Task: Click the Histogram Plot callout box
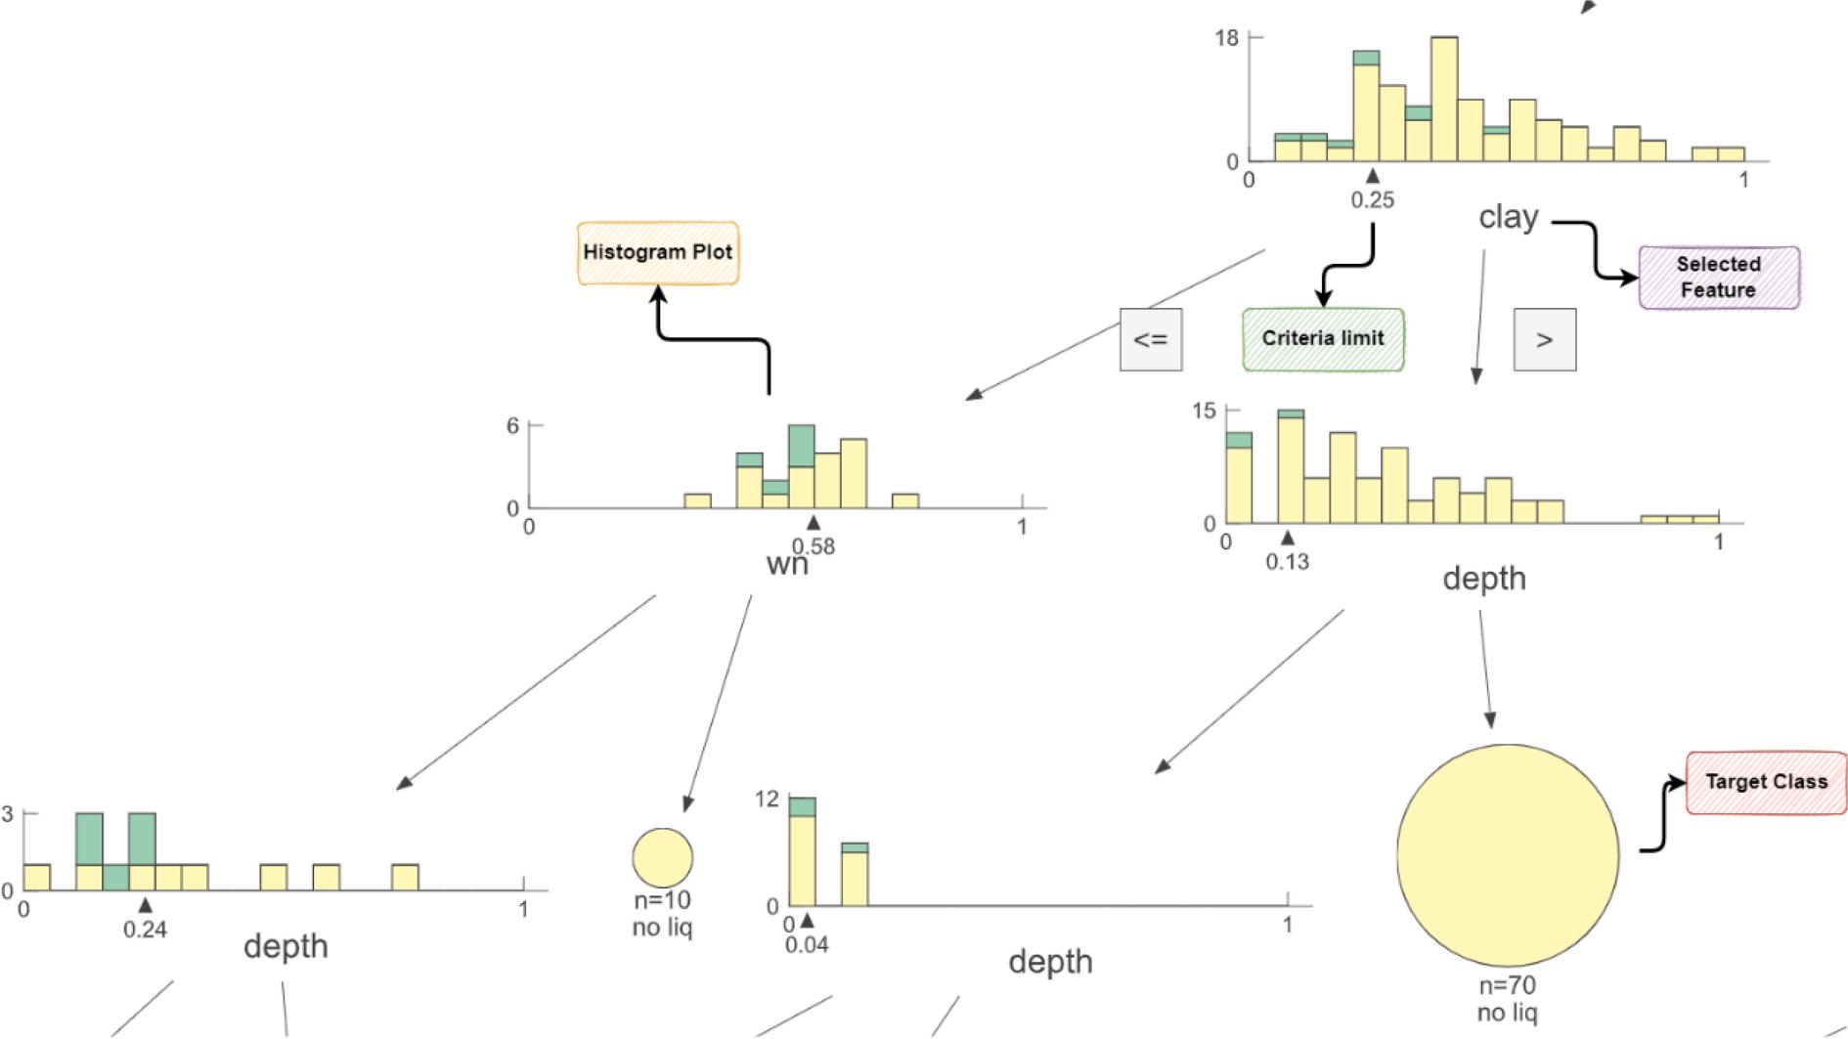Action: pyautogui.click(x=657, y=252)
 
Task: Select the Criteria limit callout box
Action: pyautogui.click(x=1323, y=339)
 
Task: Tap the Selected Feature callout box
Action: pyautogui.click(x=1718, y=278)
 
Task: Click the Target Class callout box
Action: pyautogui.click(x=1766, y=782)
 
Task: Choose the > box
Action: pyautogui.click(x=1544, y=340)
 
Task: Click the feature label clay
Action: pyautogui.click(x=1508, y=217)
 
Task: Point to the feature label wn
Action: pyautogui.click(x=786, y=565)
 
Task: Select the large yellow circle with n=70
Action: pyautogui.click(x=1507, y=856)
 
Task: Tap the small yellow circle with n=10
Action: pyautogui.click(x=663, y=858)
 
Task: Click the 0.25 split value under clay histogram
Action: pyautogui.click(x=1373, y=200)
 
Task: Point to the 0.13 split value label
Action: pyautogui.click(x=1287, y=562)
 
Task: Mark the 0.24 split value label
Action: pyautogui.click(x=145, y=930)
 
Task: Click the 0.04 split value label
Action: pyautogui.click(x=807, y=944)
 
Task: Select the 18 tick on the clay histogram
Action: pyautogui.click(x=1226, y=38)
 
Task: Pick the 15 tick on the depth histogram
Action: pyautogui.click(x=1204, y=411)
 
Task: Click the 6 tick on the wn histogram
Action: pyautogui.click(x=512, y=425)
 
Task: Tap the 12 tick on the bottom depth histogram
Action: pyautogui.click(x=767, y=800)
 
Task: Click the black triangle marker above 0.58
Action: pyautogui.click(x=813, y=523)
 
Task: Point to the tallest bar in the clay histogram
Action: pyautogui.click(x=1443, y=98)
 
